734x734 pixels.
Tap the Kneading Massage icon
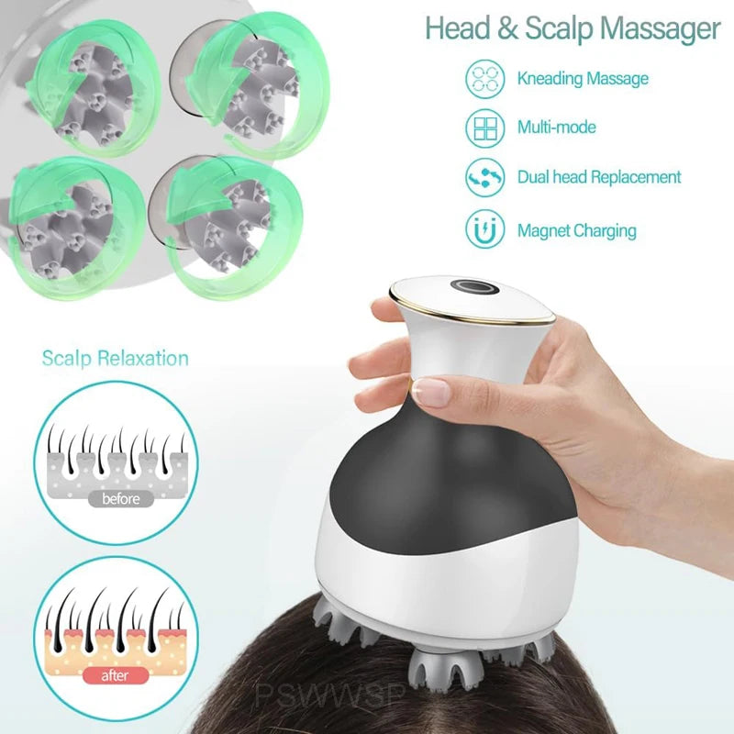click(484, 78)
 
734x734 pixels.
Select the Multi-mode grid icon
click(484, 128)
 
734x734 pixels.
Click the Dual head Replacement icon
click(484, 178)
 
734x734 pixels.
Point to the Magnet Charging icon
click(484, 229)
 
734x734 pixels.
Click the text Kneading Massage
click(583, 78)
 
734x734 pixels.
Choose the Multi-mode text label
click(556, 128)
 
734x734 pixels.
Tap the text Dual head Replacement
click(599, 177)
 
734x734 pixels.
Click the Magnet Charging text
click(576, 230)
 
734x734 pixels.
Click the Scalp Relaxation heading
click(115, 358)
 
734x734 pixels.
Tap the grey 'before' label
click(121, 499)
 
